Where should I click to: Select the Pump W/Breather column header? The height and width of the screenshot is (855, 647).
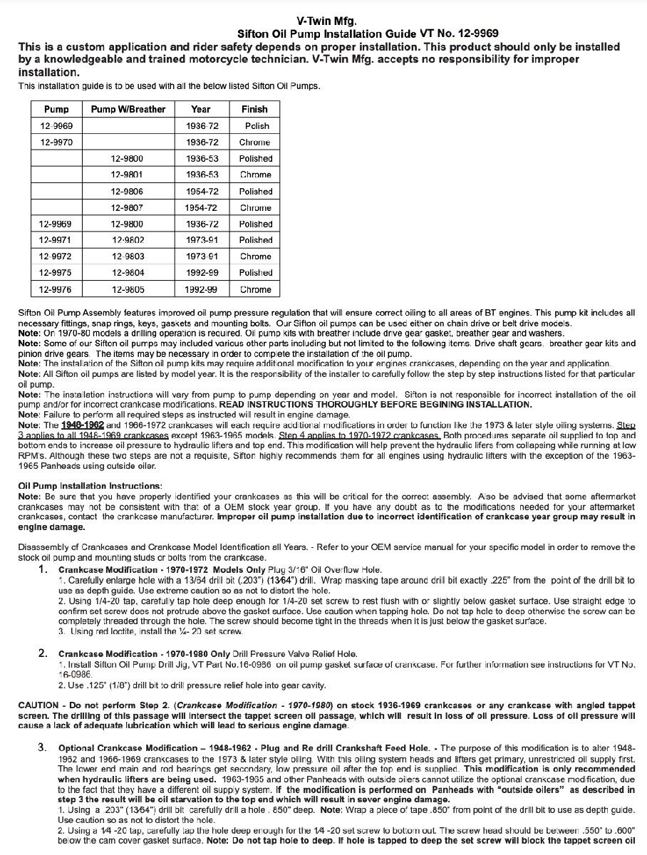coord(128,109)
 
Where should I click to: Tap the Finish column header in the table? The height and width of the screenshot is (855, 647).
coord(254,109)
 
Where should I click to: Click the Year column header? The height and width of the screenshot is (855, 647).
coord(201,109)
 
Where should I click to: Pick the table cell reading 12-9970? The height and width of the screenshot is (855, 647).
coord(56,142)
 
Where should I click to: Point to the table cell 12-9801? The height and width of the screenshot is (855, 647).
coord(128,175)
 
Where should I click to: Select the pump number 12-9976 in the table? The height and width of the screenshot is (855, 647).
coord(56,289)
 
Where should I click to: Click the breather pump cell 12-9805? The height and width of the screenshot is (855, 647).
coord(128,289)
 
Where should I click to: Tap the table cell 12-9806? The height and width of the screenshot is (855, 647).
coord(128,191)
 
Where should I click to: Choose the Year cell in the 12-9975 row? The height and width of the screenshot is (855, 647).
coord(201,272)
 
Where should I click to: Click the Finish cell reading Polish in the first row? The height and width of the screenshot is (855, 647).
coord(257,126)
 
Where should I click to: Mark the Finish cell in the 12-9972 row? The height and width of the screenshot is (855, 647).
coord(255,256)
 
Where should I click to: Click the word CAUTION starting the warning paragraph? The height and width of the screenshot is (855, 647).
coord(38,705)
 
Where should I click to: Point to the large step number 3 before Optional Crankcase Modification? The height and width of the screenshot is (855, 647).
coord(43,747)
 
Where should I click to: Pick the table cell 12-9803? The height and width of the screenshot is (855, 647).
coord(128,256)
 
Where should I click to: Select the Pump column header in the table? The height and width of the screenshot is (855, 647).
coord(56,109)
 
